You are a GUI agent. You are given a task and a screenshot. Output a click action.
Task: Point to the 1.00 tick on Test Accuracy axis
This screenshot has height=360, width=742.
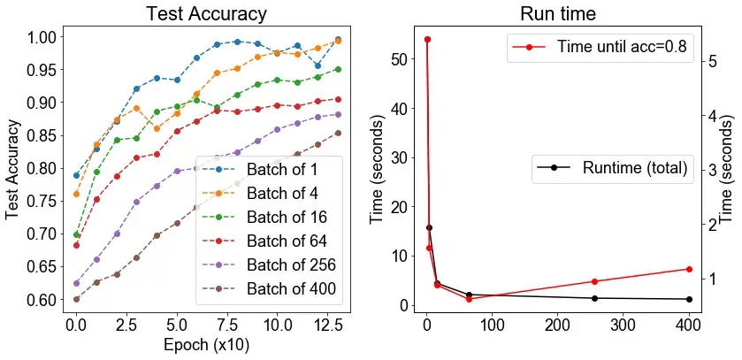click(x=42, y=37)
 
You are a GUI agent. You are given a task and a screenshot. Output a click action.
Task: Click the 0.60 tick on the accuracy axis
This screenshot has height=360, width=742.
click(x=42, y=300)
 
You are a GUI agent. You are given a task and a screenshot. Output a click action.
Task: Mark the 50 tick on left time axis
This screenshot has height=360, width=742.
click(x=402, y=59)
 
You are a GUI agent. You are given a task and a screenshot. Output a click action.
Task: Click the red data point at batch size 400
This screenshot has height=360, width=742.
click(x=688, y=269)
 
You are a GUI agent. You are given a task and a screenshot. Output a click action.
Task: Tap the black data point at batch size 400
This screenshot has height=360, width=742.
click(x=688, y=299)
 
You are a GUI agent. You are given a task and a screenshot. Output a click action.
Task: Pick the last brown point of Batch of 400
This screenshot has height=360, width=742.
click(x=338, y=134)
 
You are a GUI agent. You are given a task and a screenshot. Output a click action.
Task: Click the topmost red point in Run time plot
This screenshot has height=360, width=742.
click(x=427, y=39)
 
